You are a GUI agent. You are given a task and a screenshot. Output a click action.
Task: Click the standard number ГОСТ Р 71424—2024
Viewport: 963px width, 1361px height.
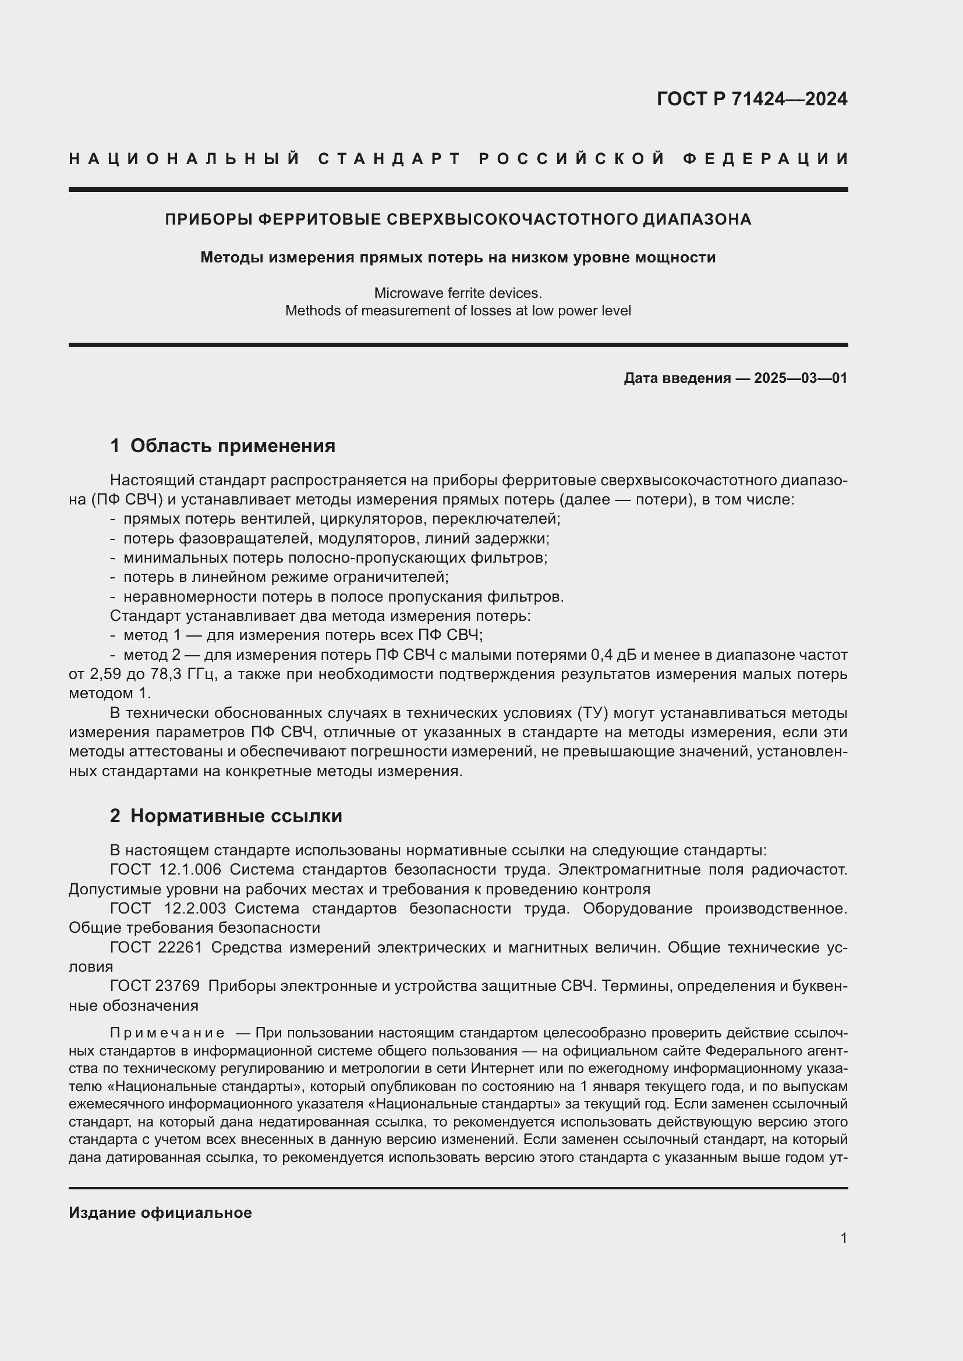click(x=752, y=99)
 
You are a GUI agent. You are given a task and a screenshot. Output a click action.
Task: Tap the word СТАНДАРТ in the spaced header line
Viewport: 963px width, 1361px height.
click(x=390, y=159)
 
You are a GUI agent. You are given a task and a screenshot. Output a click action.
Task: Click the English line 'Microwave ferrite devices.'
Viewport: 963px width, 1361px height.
click(x=458, y=293)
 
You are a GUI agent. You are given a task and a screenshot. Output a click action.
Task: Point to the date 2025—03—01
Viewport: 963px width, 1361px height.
click(x=801, y=378)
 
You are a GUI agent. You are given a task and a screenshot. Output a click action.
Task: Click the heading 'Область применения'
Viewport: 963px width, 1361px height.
click(x=232, y=446)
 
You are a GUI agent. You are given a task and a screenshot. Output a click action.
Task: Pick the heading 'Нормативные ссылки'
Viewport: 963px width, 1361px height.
click(x=236, y=816)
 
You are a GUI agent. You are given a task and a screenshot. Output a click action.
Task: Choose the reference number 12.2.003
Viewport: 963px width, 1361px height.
click(x=195, y=908)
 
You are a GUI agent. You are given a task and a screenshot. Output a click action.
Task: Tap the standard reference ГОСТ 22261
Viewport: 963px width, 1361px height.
click(x=156, y=947)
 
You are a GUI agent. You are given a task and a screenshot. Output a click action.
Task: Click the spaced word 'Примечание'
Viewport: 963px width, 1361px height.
click(x=167, y=1033)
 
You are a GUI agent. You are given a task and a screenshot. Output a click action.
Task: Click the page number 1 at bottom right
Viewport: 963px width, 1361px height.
click(x=844, y=1238)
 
